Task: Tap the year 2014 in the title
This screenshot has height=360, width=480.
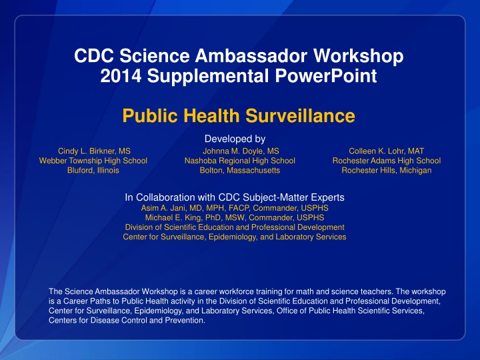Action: [x=107, y=76]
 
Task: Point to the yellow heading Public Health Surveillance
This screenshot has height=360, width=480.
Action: [x=239, y=117]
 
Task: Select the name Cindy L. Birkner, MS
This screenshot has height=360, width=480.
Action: [x=94, y=151]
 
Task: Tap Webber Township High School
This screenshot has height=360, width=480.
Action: [x=94, y=161]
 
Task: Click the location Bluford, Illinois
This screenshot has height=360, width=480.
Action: [x=94, y=171]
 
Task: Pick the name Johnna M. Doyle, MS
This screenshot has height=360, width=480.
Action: [x=240, y=151]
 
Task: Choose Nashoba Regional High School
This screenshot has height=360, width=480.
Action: [x=240, y=161]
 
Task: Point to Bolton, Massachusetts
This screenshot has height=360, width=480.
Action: [x=240, y=171]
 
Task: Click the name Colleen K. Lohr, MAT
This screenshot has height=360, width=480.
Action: [x=386, y=151]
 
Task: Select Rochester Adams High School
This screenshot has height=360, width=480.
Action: [x=386, y=161]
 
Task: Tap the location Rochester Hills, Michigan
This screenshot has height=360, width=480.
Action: [x=386, y=171]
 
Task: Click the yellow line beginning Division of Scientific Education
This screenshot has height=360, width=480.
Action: [x=235, y=227]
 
